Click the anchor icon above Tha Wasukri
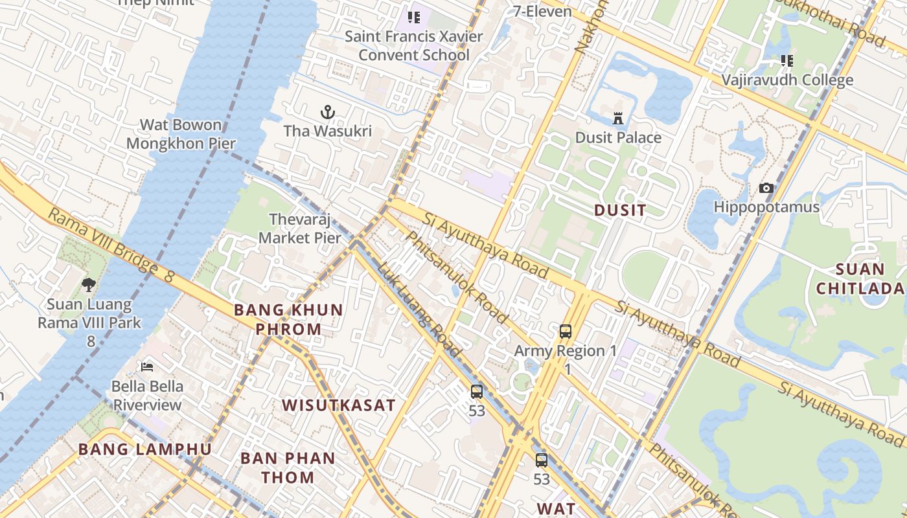click(x=328, y=113)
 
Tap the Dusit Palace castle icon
click(x=618, y=118)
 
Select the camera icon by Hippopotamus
click(x=766, y=188)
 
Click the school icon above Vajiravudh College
click(x=786, y=61)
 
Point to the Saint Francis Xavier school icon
click(x=413, y=17)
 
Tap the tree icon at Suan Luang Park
click(x=89, y=284)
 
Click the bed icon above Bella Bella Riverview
click(x=147, y=367)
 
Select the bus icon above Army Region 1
click(x=566, y=332)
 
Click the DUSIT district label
click(x=620, y=210)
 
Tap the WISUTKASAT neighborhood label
click(x=338, y=406)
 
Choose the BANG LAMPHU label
click(x=144, y=449)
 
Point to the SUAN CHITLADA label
click(x=860, y=278)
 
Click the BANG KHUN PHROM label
click(x=288, y=319)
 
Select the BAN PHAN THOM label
click(x=288, y=467)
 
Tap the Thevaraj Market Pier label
click(x=299, y=229)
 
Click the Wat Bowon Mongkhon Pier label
click(x=181, y=134)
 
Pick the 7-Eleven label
click(x=542, y=11)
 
